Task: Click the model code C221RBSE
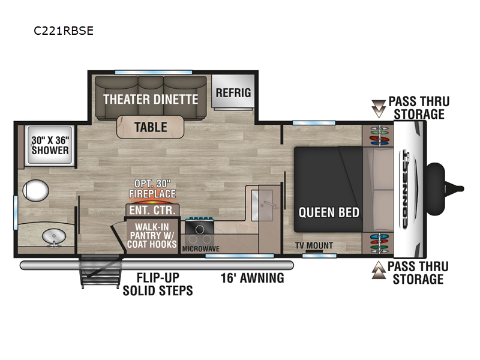(x=64, y=31)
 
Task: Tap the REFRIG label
(x=233, y=92)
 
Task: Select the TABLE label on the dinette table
(x=151, y=127)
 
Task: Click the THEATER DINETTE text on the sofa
(x=151, y=99)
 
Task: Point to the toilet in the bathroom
(x=36, y=190)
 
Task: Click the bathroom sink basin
(x=54, y=237)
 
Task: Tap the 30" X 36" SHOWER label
(x=50, y=145)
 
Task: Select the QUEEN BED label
(x=329, y=212)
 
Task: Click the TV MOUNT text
(x=314, y=245)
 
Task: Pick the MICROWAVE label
(x=201, y=249)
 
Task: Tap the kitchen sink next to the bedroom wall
(x=262, y=205)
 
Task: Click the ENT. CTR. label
(x=152, y=211)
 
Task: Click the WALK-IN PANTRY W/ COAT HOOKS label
(x=152, y=235)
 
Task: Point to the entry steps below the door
(x=100, y=271)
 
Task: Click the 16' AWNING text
(x=252, y=278)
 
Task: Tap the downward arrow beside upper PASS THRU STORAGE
(x=379, y=109)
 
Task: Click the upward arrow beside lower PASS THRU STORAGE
(x=379, y=270)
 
